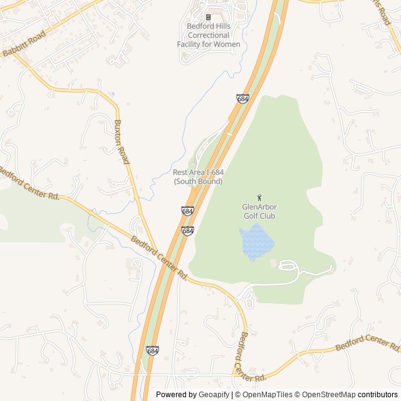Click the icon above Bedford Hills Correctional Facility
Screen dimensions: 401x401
coord(208,17)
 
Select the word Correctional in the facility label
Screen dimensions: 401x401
coord(208,36)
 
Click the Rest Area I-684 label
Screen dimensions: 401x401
coord(198,172)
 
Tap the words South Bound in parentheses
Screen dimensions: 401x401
coord(198,182)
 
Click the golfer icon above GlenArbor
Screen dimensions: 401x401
coord(259,197)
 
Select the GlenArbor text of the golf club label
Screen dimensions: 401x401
coord(259,207)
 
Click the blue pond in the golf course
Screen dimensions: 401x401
coord(256,243)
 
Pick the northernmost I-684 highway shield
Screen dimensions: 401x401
coord(242,99)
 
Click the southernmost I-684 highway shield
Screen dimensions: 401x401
coord(152,350)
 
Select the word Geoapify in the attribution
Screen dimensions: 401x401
coord(214,395)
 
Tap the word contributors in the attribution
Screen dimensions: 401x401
coord(378,395)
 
